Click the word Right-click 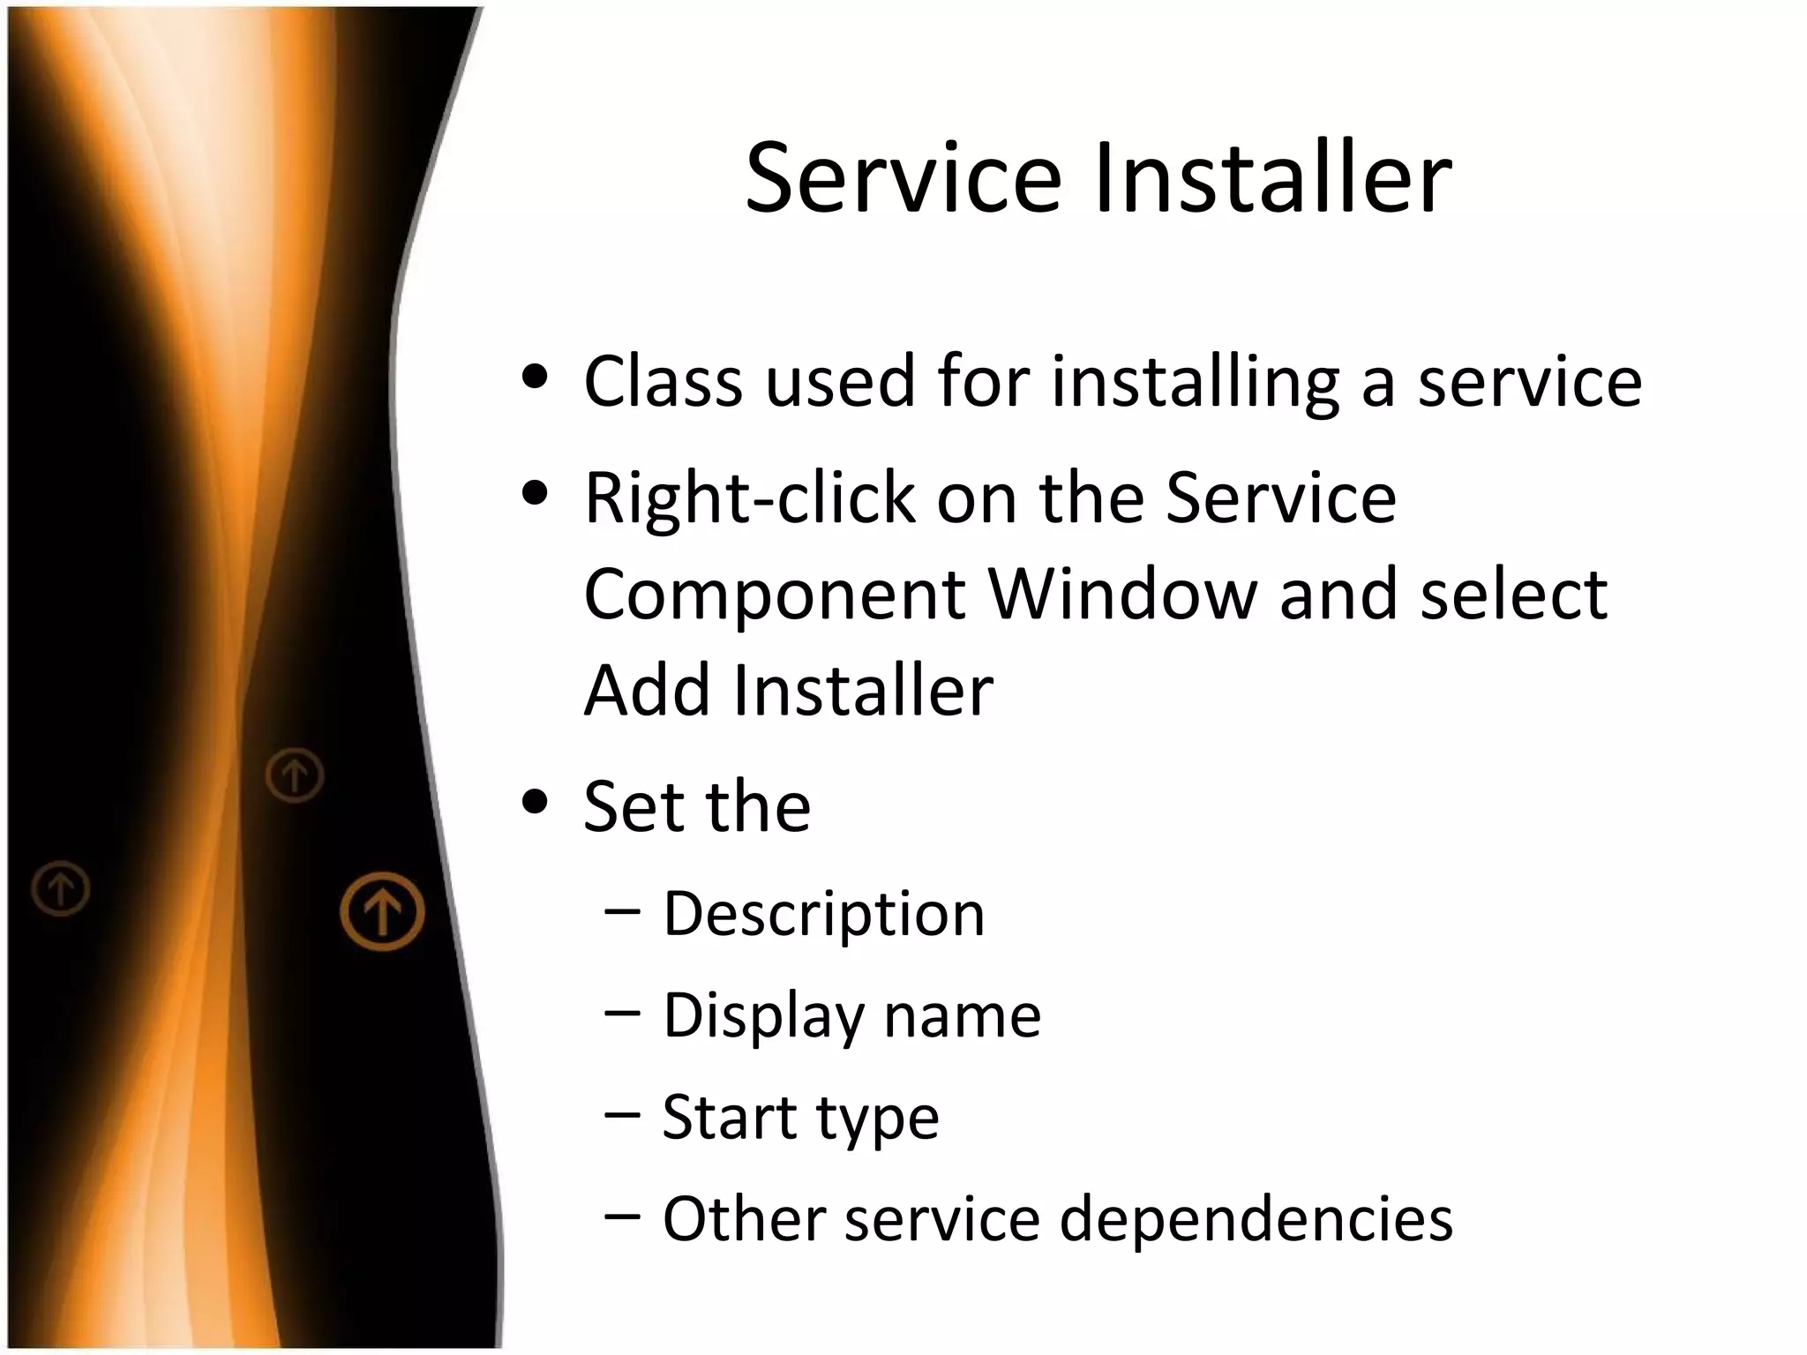[x=749, y=498]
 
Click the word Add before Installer [x=647, y=690]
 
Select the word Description [x=823, y=916]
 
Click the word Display [x=763, y=1017]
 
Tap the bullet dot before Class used [x=535, y=379]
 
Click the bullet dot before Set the [x=535, y=804]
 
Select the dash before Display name [x=622, y=1014]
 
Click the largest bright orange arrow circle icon [x=382, y=911]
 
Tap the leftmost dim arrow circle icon [x=61, y=888]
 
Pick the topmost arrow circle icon [x=295, y=775]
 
